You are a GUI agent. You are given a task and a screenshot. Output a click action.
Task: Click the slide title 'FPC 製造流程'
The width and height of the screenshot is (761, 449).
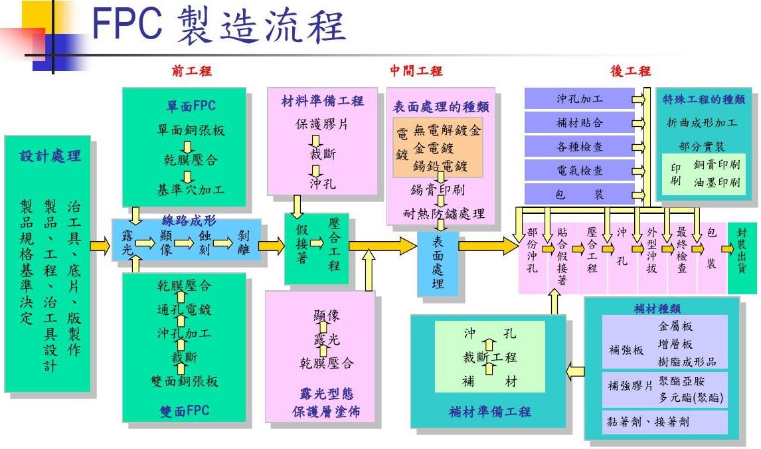pos(219,25)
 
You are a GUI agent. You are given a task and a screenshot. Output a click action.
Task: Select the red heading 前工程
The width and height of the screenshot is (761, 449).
pos(191,71)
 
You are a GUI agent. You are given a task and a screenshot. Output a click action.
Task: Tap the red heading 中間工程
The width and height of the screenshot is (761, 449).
pos(416,71)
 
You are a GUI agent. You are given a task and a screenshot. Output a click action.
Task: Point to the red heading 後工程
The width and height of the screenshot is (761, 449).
pos(630,71)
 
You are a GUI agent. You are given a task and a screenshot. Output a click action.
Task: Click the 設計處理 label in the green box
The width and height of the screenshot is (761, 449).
pos(50,156)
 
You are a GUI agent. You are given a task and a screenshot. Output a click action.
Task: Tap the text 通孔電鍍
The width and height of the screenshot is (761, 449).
pos(184,309)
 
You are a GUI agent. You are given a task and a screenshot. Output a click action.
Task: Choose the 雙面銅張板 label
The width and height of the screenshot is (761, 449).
pos(184,381)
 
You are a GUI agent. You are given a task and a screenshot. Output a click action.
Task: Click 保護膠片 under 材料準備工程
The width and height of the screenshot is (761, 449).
pos(322,124)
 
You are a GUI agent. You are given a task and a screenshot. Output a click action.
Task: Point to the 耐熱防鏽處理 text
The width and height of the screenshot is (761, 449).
pos(444,213)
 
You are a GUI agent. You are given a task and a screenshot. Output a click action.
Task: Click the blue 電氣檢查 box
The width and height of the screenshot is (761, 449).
pos(580,170)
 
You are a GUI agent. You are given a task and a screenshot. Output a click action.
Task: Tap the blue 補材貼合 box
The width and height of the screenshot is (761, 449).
pos(580,122)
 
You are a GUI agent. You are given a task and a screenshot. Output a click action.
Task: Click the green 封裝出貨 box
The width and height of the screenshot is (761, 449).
pos(742,248)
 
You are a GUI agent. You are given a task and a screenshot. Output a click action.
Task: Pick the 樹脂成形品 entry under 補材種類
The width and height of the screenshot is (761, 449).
pos(687,361)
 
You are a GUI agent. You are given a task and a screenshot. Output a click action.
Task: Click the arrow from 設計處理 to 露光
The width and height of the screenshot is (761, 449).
pos(100,246)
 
